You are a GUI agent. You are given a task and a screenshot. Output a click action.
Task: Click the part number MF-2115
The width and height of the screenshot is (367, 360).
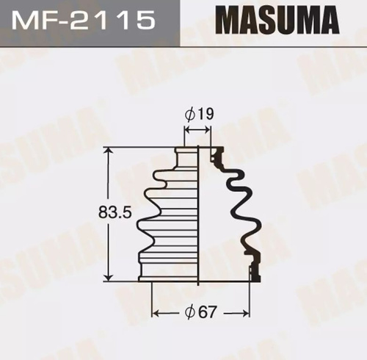(x=84, y=19)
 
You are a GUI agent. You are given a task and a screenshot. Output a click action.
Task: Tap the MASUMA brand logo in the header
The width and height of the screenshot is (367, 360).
(x=277, y=20)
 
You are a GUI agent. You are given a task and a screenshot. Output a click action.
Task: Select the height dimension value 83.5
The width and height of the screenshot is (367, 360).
(x=115, y=212)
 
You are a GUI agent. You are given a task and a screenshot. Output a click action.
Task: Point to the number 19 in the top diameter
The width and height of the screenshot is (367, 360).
(x=206, y=114)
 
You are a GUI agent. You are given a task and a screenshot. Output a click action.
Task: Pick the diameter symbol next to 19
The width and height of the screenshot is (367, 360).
(x=191, y=114)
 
